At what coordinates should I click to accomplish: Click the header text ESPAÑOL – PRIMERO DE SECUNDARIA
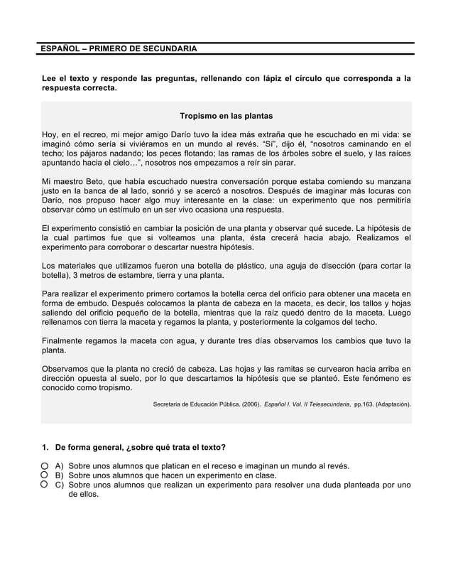(x=118, y=48)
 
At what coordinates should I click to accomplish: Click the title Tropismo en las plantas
(x=226, y=115)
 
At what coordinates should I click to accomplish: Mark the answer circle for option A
(x=44, y=466)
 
